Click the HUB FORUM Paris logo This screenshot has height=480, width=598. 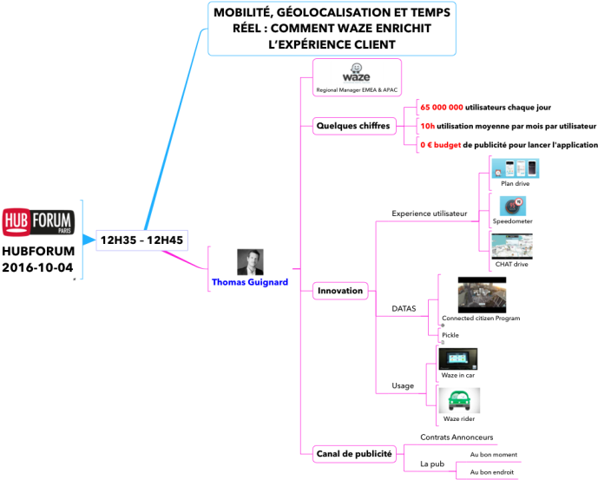coord(38,222)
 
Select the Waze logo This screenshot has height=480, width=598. coord(357,74)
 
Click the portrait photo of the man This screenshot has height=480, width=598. coord(250,262)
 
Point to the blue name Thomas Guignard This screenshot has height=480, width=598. coord(250,282)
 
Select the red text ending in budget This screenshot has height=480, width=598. coord(441,145)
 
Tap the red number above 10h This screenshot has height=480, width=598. coord(442,107)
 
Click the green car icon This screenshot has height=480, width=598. coord(459,400)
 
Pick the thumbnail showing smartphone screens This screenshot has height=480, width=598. coord(515,168)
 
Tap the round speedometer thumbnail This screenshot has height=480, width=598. coord(513,206)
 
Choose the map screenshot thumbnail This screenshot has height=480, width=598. coord(512,246)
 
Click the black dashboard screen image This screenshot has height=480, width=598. coord(457,358)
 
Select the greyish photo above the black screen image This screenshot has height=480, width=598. coord(482,295)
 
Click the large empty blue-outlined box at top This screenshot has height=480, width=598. coord(332,29)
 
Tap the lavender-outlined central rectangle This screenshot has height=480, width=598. coord(141,240)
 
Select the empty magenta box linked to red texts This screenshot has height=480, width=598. coord(354,126)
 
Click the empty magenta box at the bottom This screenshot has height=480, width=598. coord(354,454)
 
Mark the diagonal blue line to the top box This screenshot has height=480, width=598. coord(174,130)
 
